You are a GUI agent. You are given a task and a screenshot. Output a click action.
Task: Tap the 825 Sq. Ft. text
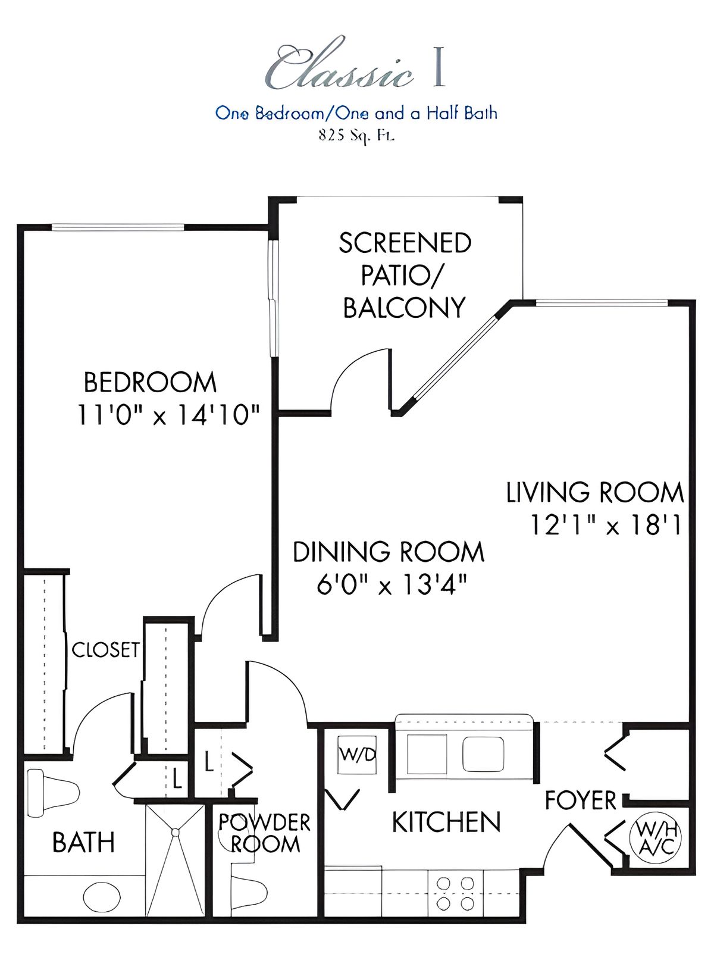356,136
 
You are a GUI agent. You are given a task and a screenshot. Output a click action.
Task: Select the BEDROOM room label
150,383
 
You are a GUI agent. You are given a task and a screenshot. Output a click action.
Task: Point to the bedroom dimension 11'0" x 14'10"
168,415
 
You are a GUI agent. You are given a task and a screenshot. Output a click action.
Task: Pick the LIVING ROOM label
595,492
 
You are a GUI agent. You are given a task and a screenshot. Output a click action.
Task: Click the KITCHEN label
446,822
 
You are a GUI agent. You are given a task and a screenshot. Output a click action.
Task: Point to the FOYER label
581,800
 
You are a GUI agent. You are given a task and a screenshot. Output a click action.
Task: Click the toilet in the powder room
249,897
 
